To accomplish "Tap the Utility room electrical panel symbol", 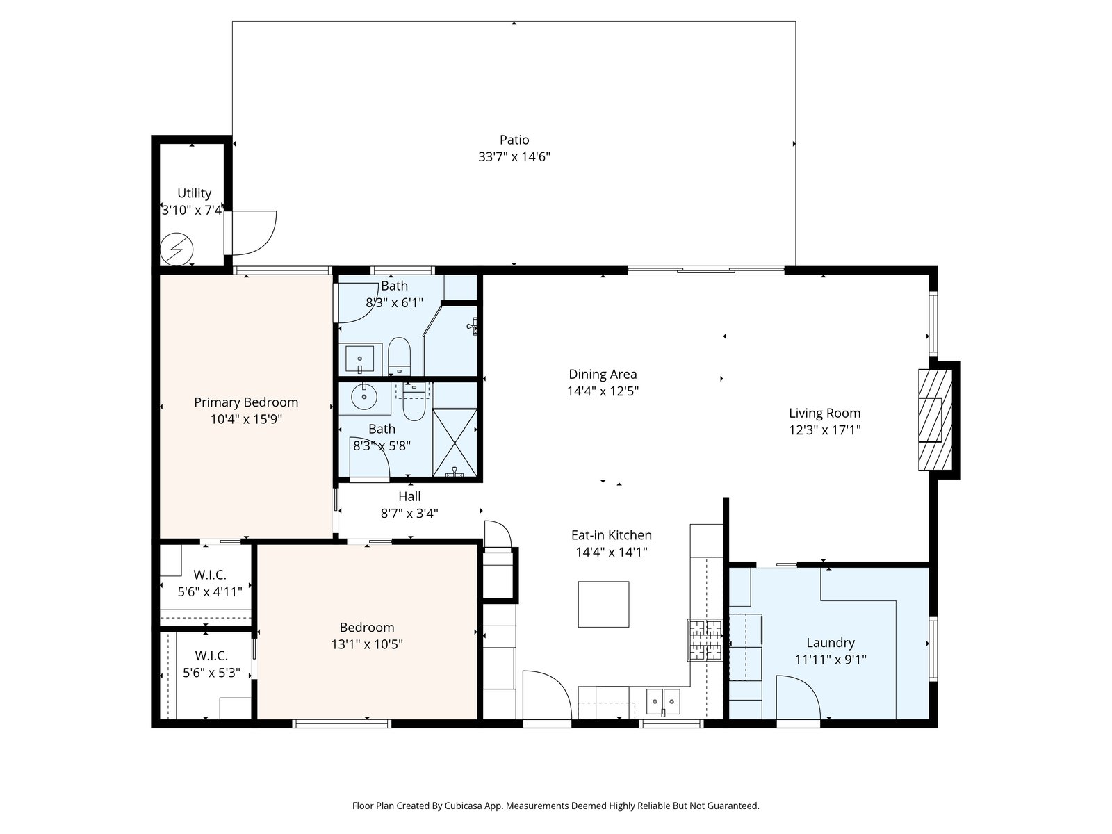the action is click(x=177, y=249).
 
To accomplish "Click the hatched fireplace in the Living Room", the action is click(x=935, y=420).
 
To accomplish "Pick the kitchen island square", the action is click(x=603, y=604).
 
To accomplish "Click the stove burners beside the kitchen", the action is click(x=705, y=640).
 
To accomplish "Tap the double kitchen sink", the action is click(x=663, y=701).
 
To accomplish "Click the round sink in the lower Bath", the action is click(x=363, y=396).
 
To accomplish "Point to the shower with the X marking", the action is click(x=455, y=443).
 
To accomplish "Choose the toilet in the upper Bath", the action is click(x=399, y=355).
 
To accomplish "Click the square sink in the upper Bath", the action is click(x=360, y=359).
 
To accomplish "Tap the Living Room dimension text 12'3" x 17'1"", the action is click(x=825, y=430).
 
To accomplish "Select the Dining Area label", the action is click(x=603, y=374).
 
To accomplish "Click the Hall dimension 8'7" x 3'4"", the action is click(x=409, y=514).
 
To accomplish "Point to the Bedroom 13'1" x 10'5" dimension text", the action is click(x=367, y=644).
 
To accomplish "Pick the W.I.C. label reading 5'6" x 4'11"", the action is click(x=210, y=591).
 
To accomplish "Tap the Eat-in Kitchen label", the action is click(x=612, y=535).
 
